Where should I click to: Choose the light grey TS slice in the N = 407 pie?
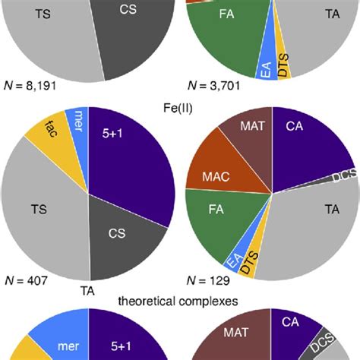pos(42,213)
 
